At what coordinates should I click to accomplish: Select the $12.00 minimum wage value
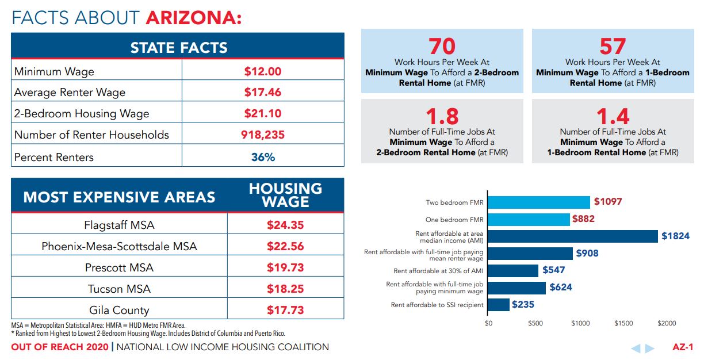pyautogui.click(x=262, y=71)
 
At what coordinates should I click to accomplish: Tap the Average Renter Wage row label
pyautogui.click(x=70, y=93)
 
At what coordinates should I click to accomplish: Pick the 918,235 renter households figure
pyautogui.click(x=263, y=135)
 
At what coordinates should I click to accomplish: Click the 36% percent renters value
pyautogui.click(x=263, y=157)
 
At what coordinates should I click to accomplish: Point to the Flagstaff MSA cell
pyautogui.click(x=119, y=225)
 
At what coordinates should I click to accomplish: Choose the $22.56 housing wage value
pyautogui.click(x=285, y=246)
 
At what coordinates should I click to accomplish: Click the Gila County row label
pyautogui.click(x=119, y=310)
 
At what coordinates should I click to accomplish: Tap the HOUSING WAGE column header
pyautogui.click(x=285, y=196)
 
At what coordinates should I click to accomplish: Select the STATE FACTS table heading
pyautogui.click(x=179, y=47)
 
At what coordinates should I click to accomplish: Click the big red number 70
pyautogui.click(x=442, y=47)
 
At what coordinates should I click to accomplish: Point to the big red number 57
pyautogui.click(x=613, y=47)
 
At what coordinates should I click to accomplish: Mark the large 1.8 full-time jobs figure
pyautogui.click(x=442, y=117)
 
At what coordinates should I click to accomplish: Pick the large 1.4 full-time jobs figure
pyautogui.click(x=613, y=117)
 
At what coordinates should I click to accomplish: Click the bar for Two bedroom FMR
pyautogui.click(x=538, y=202)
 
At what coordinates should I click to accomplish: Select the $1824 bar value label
pyautogui.click(x=675, y=236)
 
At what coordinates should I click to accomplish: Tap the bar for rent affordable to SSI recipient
pyautogui.click(x=498, y=305)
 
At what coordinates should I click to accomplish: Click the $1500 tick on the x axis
pyautogui.click(x=623, y=324)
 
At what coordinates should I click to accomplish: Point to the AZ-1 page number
pyautogui.click(x=683, y=347)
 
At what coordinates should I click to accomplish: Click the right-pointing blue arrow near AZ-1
pyautogui.click(x=649, y=348)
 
